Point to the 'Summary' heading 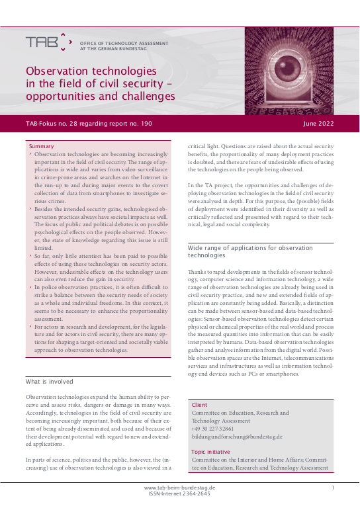42,146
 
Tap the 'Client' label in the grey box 199,403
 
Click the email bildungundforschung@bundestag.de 236,437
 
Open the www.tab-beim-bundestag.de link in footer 179,487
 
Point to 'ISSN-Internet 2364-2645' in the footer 179,493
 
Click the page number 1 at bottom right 332,487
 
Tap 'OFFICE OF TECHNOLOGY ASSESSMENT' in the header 124,43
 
